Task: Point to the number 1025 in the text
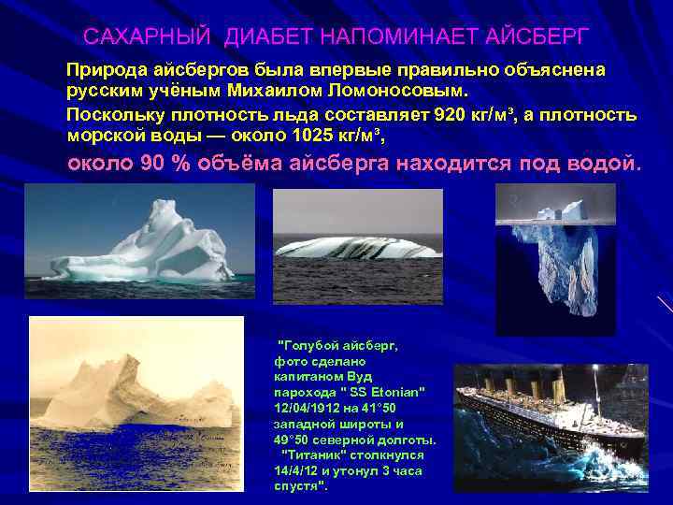[x=314, y=135]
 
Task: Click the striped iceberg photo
[x=358, y=245]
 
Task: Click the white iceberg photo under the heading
[x=139, y=234]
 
